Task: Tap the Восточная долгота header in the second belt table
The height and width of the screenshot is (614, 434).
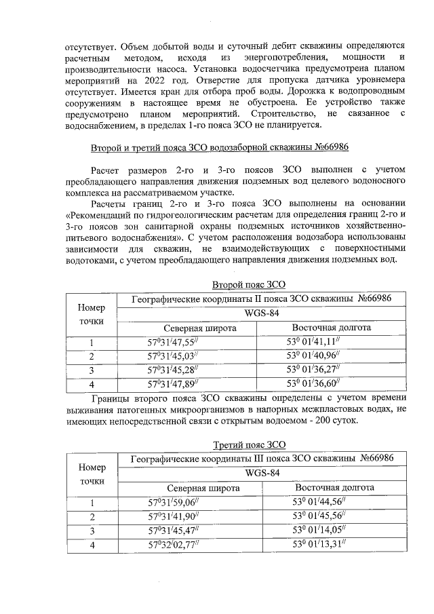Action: tap(330, 328)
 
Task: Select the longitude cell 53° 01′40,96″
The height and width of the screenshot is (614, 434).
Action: tap(321, 356)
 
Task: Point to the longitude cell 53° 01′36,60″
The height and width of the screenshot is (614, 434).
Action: tap(321, 384)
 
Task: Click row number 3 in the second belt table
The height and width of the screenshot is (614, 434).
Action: tap(92, 370)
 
